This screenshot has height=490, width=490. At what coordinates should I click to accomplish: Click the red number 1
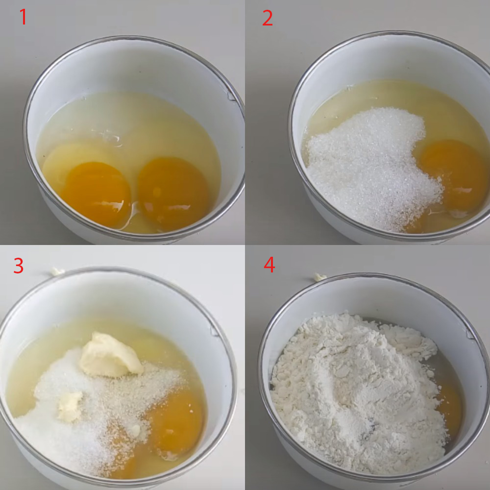(x=23, y=17)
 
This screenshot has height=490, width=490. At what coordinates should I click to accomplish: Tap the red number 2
(x=268, y=18)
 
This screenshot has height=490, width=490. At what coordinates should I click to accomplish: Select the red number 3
(x=19, y=266)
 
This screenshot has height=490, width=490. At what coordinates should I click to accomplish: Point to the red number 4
(x=269, y=265)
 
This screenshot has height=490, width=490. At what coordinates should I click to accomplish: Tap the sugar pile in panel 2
(x=372, y=169)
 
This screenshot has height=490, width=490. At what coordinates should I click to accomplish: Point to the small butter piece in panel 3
(x=70, y=406)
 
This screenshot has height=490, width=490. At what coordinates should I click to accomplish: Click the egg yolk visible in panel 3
(x=175, y=423)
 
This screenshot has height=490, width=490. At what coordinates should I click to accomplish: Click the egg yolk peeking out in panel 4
(x=450, y=409)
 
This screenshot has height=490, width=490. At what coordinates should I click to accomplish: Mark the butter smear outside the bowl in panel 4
(x=320, y=277)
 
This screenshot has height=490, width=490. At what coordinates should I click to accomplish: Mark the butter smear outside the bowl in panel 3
(x=57, y=271)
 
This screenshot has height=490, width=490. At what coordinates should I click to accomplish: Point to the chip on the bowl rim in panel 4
(x=470, y=334)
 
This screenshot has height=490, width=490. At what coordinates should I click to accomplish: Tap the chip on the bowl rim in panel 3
(x=215, y=331)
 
